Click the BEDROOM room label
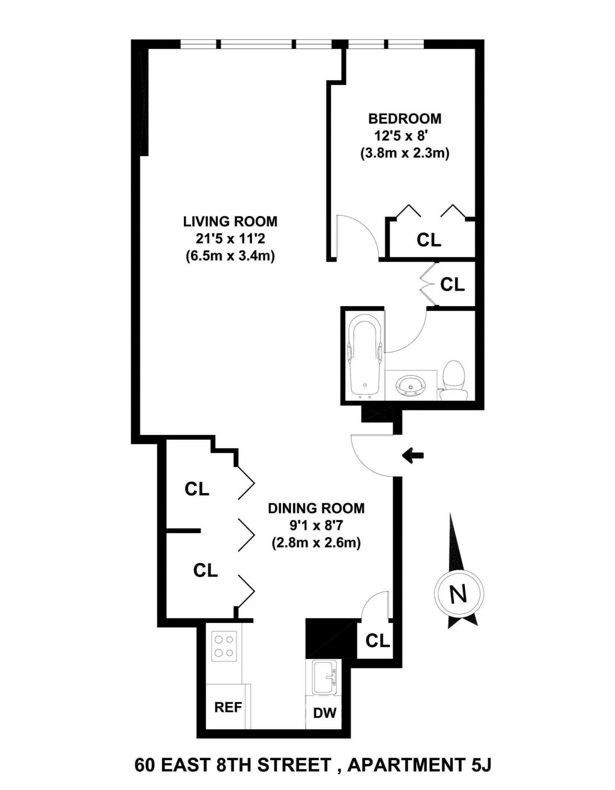(404, 118)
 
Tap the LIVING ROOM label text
(230, 221)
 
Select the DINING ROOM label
(316, 508)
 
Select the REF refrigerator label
(228, 707)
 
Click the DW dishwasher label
(324, 712)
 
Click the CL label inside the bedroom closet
(429, 239)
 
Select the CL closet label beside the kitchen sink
(378, 640)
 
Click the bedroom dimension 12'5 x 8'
(404, 136)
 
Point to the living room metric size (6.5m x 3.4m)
(230, 256)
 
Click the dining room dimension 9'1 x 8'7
(316, 525)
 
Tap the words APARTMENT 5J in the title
(419, 765)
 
